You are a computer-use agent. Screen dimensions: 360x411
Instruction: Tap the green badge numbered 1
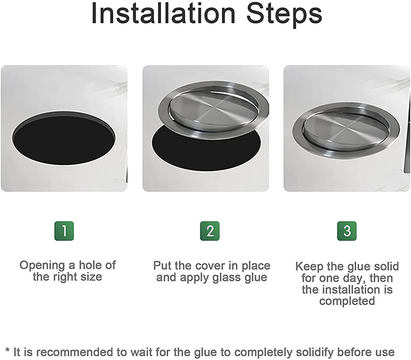64,231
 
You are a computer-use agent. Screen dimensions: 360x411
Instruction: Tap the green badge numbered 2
210,231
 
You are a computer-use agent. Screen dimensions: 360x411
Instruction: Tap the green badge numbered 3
346,231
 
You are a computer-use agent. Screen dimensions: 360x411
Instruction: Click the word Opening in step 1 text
42,265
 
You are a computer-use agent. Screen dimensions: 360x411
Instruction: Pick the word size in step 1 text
90,277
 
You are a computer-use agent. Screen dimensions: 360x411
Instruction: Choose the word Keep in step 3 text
308,266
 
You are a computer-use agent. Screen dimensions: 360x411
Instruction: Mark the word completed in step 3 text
347,301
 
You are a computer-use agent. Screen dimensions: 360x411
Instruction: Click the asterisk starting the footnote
7,350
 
